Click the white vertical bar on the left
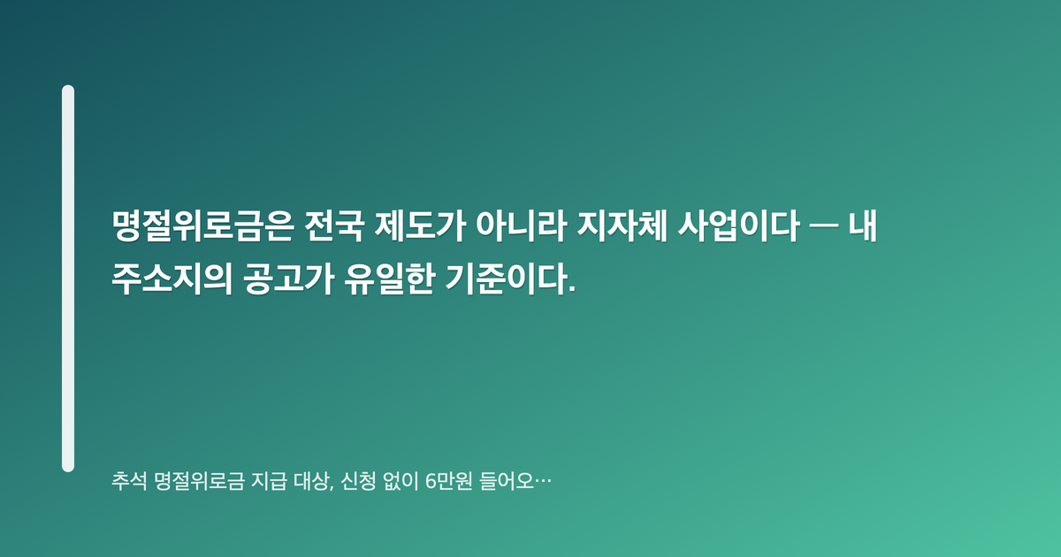pyautogui.click(x=68, y=278)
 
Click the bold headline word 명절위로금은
pyautogui.click(x=203, y=226)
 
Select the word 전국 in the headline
pyautogui.click(x=334, y=226)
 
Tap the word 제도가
pyautogui.click(x=420, y=226)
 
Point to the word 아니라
pyautogui.click(x=522, y=226)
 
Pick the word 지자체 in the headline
pyautogui.click(x=622, y=226)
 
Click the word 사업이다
pyautogui.click(x=739, y=226)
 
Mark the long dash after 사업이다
pyautogui.click(x=824, y=226)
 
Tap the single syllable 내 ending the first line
pyautogui.click(x=863, y=226)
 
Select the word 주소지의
pyautogui.click(x=172, y=279)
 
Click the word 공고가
pyautogui.click(x=289, y=279)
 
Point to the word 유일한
pyautogui.click(x=390, y=279)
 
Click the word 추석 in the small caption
pyautogui.click(x=129, y=482)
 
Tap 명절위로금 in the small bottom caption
pyautogui.click(x=200, y=482)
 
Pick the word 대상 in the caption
pyautogui.click(x=314, y=482)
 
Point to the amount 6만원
pyautogui.click(x=449, y=482)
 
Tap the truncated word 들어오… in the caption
pyautogui.click(x=515, y=482)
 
